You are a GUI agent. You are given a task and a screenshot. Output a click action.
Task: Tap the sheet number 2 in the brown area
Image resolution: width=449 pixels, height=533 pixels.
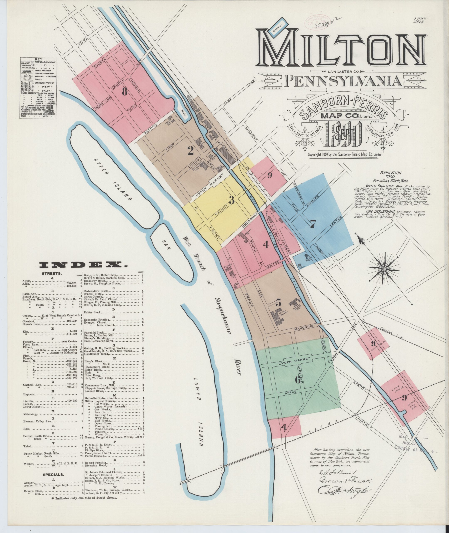pyautogui.click(x=190, y=151)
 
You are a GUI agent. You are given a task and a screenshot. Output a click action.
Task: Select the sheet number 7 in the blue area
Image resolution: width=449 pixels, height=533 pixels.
pyautogui.click(x=313, y=224)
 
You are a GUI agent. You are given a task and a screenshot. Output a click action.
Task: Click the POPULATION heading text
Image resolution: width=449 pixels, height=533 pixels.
pyautogui.click(x=391, y=173)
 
